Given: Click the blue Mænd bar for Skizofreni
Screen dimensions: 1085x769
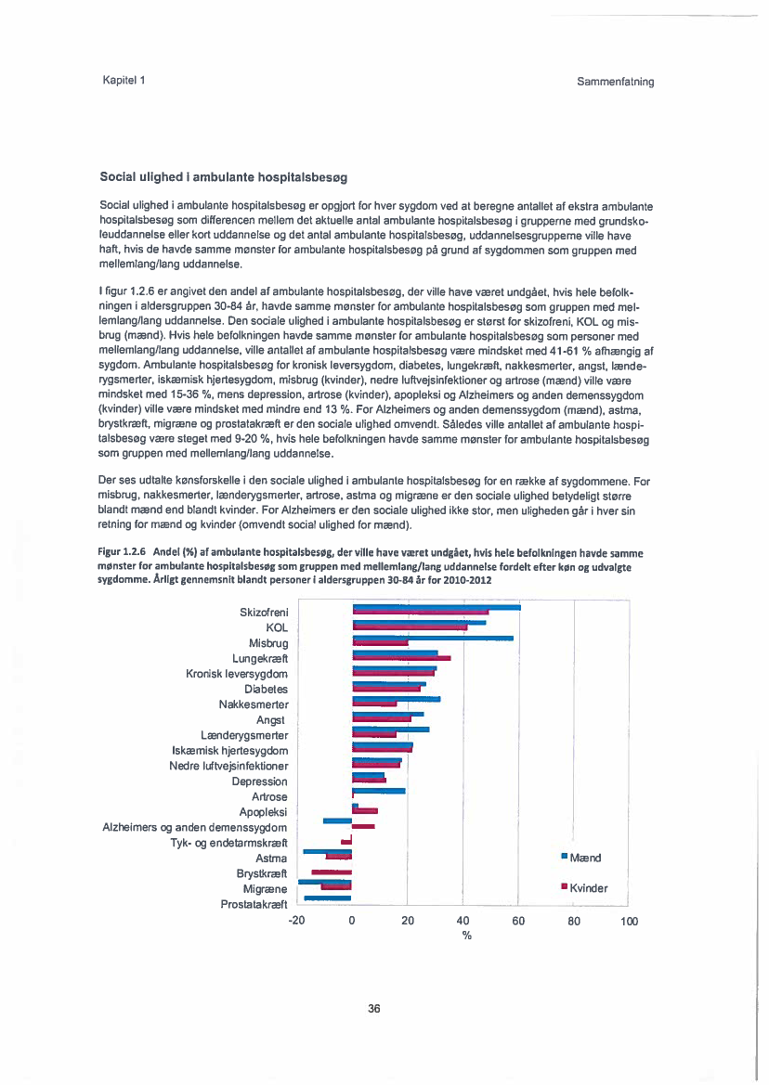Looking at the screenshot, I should coord(437,607).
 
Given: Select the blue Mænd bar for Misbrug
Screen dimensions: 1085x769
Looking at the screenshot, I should coord(433,638).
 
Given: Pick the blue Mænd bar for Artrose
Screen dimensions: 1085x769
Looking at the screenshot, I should coord(379,791).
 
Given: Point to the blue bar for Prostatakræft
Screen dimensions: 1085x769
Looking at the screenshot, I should coord(328,898).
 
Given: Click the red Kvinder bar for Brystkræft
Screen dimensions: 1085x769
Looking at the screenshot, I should coord(332,872).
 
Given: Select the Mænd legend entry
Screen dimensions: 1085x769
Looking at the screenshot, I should coord(581,858).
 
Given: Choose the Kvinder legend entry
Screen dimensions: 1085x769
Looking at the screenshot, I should coord(584,888).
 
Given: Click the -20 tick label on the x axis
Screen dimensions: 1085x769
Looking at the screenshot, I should coord(296,921).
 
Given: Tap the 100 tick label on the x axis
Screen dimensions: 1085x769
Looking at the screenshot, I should coord(629,921).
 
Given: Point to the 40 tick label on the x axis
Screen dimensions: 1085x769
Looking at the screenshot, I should coord(463,921).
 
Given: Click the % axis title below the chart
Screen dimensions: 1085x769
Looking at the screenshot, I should coord(467,936).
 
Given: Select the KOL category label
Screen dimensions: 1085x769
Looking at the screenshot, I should coord(277,627).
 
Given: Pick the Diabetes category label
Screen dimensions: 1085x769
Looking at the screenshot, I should coord(266,689).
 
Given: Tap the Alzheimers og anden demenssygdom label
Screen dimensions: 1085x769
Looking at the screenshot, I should coord(194,827).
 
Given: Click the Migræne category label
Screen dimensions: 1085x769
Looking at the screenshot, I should coord(265,888).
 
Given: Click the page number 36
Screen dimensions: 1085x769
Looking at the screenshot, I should coord(374,1009).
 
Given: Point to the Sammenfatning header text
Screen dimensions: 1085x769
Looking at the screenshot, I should coord(615,81).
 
